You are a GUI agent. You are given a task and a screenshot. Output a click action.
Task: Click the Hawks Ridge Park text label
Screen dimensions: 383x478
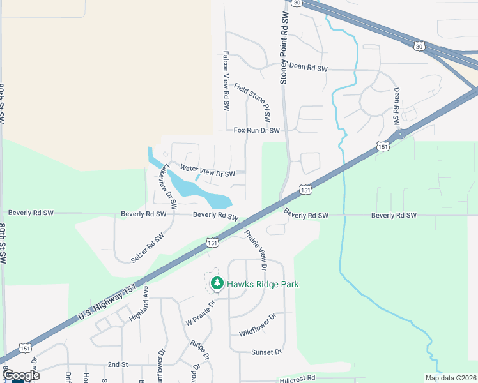point(263,284)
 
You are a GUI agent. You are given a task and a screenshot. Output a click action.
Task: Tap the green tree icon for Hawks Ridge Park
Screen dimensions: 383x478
point(217,283)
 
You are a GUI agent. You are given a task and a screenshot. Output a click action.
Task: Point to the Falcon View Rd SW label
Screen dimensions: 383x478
point(226,82)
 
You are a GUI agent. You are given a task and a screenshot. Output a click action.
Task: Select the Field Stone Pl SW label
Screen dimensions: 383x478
point(252,102)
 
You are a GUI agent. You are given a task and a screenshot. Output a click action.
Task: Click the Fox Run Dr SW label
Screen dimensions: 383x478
point(257,130)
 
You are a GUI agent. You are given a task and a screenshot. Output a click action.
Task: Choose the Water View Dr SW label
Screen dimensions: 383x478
point(208,171)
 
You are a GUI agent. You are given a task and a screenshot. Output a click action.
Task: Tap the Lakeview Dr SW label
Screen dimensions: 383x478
point(169,187)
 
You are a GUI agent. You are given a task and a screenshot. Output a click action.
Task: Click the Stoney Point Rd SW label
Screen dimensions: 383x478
point(285,41)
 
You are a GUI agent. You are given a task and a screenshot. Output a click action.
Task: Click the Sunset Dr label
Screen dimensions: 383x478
point(266,352)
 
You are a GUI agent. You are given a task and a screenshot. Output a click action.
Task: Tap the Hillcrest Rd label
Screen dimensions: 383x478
point(298,378)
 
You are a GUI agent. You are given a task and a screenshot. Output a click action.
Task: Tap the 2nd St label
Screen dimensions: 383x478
point(118,364)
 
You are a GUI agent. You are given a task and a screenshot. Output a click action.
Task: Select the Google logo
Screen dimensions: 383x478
point(22,375)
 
